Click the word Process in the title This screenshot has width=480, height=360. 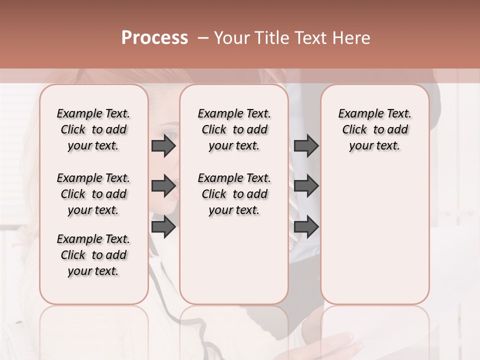pos(154,38)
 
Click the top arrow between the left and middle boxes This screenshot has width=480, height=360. pos(163,145)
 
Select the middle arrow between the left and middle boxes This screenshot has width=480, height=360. pos(163,186)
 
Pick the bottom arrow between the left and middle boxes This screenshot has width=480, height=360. pos(163,226)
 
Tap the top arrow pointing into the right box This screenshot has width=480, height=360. pos(306,145)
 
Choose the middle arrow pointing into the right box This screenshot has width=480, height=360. pos(306,186)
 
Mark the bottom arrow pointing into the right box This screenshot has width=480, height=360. pos(306,226)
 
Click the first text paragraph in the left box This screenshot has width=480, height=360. pos(93,129)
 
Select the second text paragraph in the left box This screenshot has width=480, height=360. pos(93,194)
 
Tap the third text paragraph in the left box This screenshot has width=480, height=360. pos(93,255)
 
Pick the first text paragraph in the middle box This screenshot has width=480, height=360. pos(234,129)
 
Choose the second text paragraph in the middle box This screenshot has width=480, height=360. pos(234,194)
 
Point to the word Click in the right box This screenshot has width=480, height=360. pos(354,130)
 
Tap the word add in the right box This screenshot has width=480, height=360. pos(398,130)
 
